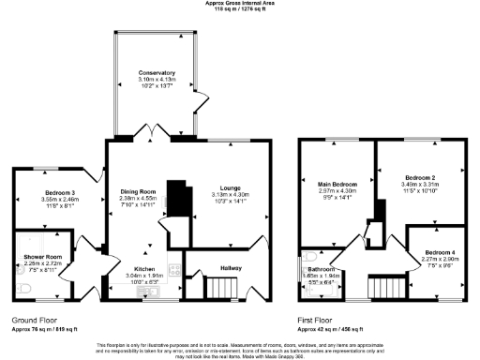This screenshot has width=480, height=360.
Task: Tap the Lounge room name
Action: click(x=230, y=187)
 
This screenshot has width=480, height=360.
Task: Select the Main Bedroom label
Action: click(x=335, y=185)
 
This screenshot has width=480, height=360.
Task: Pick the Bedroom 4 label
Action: click(x=439, y=253)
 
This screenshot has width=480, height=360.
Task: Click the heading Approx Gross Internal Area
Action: click(x=240, y=4)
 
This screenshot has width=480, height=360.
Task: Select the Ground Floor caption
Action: click(x=35, y=320)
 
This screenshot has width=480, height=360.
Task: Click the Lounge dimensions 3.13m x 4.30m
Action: click(x=230, y=194)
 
